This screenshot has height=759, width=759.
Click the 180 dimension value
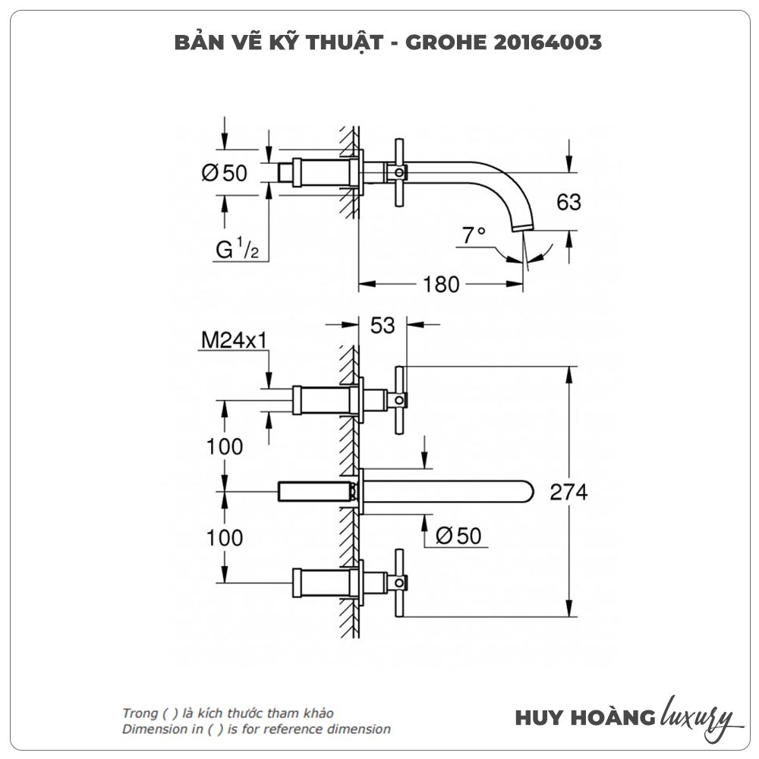click(x=441, y=285)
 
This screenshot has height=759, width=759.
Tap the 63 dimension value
click(x=568, y=202)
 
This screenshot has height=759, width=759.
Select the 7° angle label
click(x=473, y=235)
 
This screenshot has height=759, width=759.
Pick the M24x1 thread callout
click(x=234, y=341)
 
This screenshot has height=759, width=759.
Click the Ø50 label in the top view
click(x=225, y=173)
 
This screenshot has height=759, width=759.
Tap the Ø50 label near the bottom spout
click(x=458, y=536)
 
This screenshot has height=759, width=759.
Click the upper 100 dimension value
click(x=225, y=446)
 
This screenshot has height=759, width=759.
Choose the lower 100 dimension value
click(x=225, y=538)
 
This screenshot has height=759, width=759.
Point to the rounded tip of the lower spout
click(x=529, y=492)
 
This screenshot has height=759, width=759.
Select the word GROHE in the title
click(x=439, y=43)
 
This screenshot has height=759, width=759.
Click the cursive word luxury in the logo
click(x=697, y=716)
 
